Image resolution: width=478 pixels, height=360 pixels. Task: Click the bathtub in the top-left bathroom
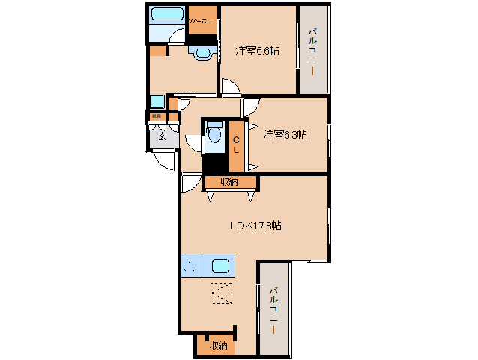coord(166,14)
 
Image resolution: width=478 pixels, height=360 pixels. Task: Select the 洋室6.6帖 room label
coord(257,51)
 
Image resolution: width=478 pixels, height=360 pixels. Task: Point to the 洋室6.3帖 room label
coord(285,135)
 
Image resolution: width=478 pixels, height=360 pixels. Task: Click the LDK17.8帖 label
coord(255,225)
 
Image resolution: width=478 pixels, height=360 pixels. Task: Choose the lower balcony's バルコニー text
coord(273,310)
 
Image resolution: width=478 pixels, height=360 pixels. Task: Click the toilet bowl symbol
coord(214,134)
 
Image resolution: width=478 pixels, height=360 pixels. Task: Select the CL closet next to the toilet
coord(236,145)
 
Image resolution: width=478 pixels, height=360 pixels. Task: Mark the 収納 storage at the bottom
coord(218,345)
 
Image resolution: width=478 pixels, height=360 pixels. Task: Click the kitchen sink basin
coord(220,266)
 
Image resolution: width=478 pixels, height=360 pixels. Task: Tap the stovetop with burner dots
coord(190,266)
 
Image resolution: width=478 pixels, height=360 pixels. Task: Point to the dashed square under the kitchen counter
coord(221,292)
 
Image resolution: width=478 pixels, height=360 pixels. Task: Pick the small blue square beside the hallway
coord(157,102)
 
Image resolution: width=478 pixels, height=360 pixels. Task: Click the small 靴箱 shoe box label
coord(157,116)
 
